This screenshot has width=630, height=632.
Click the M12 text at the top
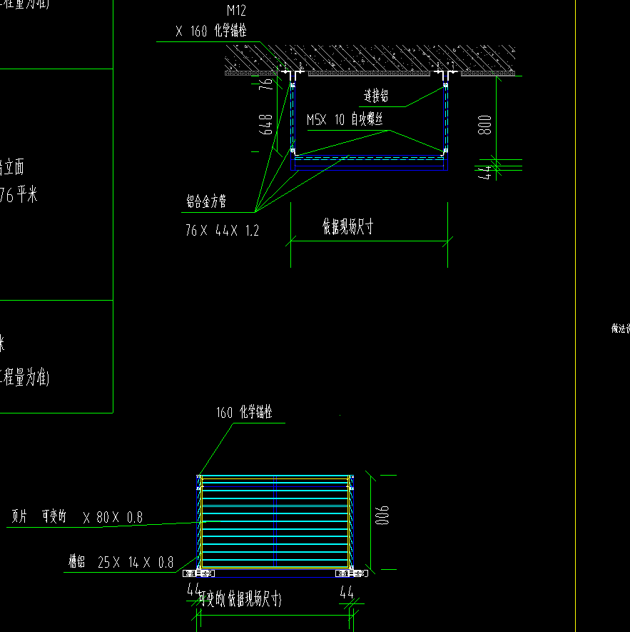point(236,11)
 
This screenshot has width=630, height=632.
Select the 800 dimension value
point(485,126)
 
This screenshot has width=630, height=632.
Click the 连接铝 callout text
point(376,96)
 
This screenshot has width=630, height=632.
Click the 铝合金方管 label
point(205,203)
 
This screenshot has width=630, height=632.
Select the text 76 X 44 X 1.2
point(222,231)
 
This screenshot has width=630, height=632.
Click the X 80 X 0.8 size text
point(112,518)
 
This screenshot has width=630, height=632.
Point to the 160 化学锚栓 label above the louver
point(244,413)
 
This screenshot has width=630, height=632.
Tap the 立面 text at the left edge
point(13,168)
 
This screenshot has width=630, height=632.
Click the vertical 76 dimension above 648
point(266,84)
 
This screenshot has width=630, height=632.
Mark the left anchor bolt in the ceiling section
point(292,74)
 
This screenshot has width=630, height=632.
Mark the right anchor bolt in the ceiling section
point(446,74)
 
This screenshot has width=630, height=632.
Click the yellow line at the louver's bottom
point(275,568)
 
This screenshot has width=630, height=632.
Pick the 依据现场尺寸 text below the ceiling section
point(347,227)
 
